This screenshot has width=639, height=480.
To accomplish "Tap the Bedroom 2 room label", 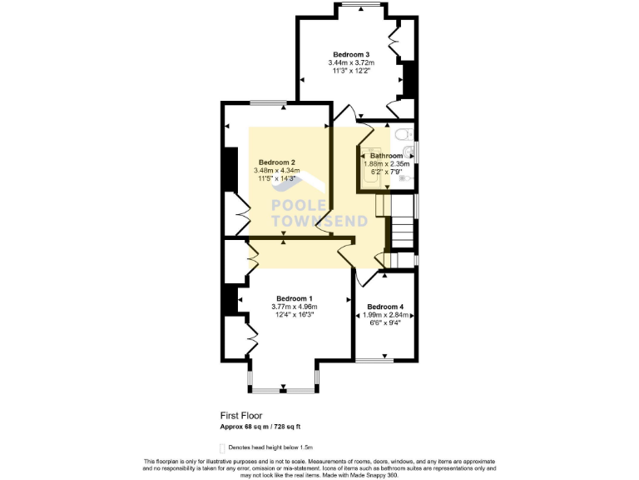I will [277, 162].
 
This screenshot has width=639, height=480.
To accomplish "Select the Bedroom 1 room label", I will [295, 299].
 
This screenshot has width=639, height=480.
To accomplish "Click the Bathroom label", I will [387, 156].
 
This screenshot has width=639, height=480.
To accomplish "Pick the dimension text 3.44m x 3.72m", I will [351, 63].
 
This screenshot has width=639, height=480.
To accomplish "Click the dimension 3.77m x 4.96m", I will [295, 307].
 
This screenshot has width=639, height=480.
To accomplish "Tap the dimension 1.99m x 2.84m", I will [384, 315].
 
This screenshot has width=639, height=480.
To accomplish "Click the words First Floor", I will [241, 414].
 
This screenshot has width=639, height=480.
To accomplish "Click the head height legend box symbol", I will [222, 447].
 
